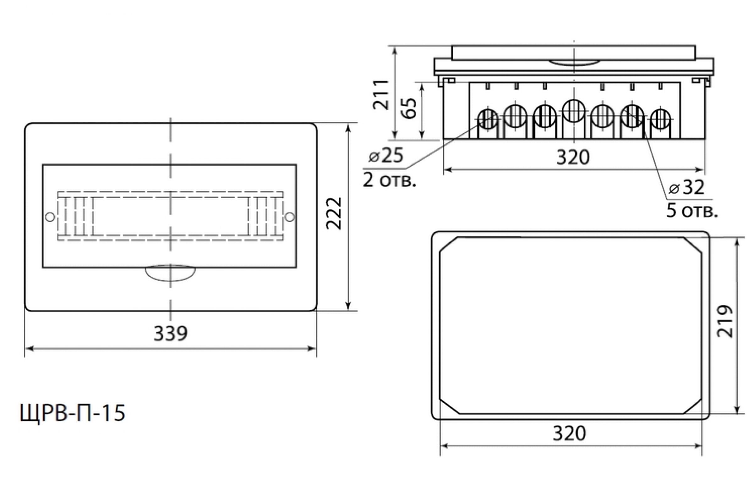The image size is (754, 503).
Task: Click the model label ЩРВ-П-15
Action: (73, 413)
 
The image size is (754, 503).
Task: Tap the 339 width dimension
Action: (171, 334)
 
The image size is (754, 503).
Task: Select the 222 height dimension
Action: (334, 214)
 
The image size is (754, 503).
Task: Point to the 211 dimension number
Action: (381, 94)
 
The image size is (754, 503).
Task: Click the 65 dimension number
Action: (409, 108)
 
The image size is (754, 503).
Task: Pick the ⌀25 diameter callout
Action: (386, 156)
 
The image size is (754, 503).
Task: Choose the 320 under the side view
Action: (573, 157)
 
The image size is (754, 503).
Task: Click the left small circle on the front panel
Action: (50, 217)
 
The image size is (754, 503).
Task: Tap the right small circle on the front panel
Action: (289, 217)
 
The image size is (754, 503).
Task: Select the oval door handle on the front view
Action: (170, 273)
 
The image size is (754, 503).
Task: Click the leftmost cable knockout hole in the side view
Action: (488, 119)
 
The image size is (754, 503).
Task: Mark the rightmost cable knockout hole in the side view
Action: (660, 119)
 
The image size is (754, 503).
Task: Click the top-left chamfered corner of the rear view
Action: (449, 245)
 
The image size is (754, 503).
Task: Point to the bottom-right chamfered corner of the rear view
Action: (692, 407)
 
